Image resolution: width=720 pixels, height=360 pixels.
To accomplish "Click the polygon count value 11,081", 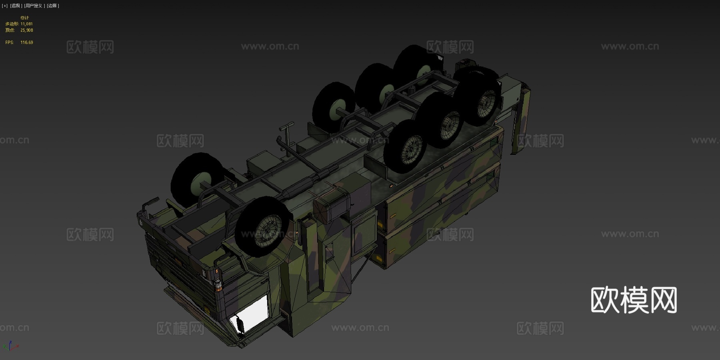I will pos(26,24).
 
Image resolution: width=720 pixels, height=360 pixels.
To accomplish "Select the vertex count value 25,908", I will pos(26,30).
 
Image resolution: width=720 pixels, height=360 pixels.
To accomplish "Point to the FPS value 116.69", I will pos(26,42).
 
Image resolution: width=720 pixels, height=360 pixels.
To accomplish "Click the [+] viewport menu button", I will pos(4,6).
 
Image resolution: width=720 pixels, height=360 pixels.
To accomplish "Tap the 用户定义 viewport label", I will pos(34,6).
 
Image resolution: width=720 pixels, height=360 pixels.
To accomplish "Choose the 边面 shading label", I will pos(53,6).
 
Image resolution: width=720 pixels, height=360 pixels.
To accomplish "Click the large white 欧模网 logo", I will pos(634,300).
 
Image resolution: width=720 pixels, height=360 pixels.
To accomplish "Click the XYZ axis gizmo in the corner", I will pos(10,346).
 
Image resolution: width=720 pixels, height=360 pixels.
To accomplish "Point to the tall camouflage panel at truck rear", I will pos(520,120).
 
